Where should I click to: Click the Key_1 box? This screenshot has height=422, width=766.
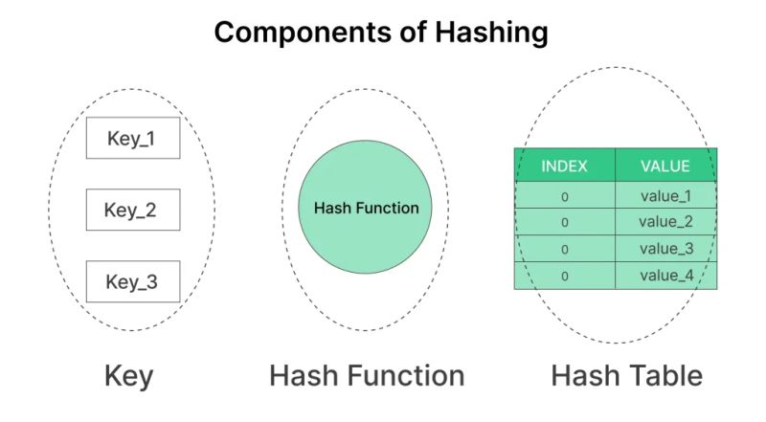[x=133, y=139]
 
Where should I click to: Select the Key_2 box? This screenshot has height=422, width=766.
[x=133, y=210]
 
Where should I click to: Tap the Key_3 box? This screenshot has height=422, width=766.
[x=133, y=281]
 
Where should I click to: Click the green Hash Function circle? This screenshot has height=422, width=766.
[x=366, y=209]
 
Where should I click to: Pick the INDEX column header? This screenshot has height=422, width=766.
[x=565, y=166]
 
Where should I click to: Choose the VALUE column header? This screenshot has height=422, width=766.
[x=665, y=166]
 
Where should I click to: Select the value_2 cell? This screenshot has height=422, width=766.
[x=665, y=222]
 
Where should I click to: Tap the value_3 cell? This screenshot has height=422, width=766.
[x=665, y=249]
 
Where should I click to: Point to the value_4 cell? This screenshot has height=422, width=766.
[x=665, y=276]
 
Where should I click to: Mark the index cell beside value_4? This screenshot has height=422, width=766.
[x=565, y=276]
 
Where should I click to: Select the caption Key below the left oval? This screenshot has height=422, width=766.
[x=128, y=376]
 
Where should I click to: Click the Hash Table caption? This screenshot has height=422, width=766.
[x=626, y=376]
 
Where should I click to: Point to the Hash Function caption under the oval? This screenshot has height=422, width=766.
[x=367, y=376]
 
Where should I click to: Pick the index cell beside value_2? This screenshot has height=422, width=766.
[x=565, y=222]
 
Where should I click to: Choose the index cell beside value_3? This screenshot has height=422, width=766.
[x=565, y=249]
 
